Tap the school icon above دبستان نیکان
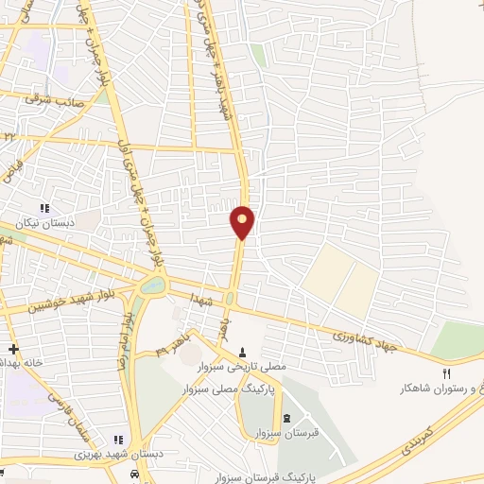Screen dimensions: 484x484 click(43, 208)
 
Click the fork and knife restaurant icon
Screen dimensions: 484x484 click(447, 374)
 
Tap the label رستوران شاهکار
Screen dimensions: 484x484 click(443, 389)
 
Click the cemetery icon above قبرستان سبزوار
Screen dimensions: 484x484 click(287, 417)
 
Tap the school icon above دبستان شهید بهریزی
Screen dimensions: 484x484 click(119, 439)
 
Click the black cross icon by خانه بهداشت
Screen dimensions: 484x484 click(12, 350)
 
